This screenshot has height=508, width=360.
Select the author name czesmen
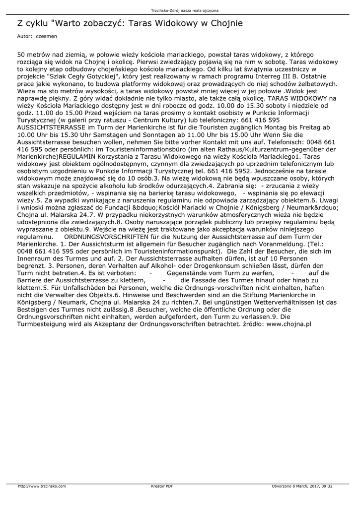(x=46, y=37)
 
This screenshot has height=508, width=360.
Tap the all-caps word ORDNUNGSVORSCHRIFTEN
(x=106, y=238)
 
